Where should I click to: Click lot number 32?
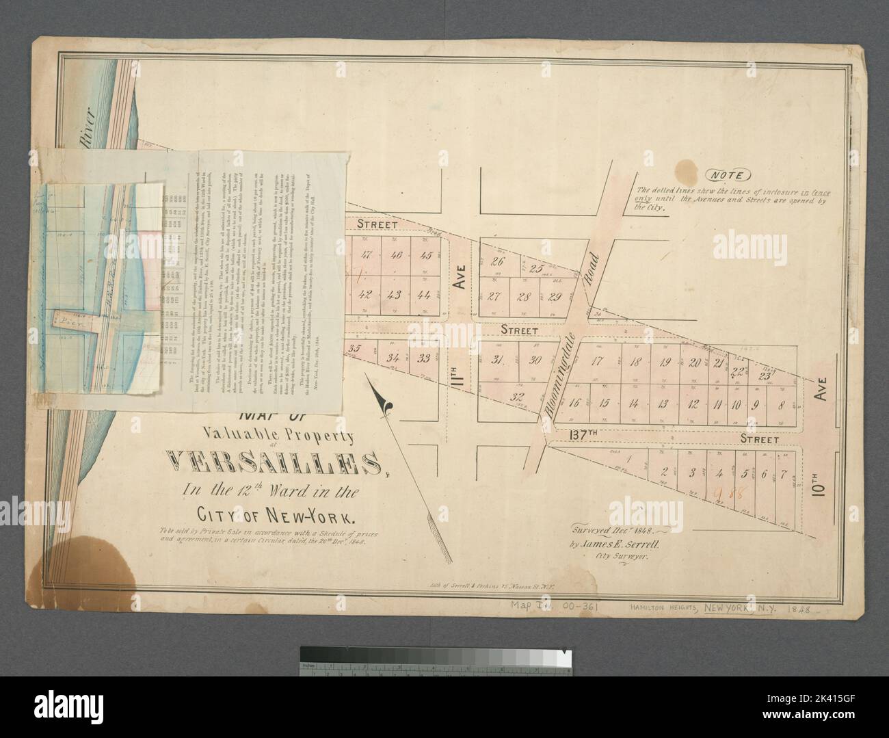click(x=518, y=396)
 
